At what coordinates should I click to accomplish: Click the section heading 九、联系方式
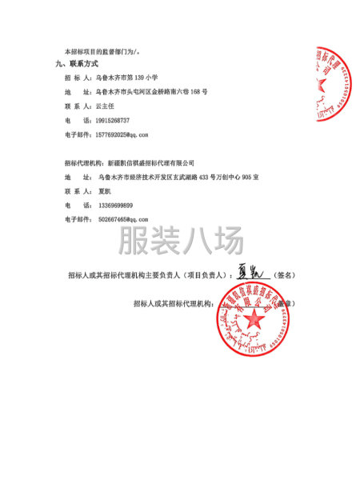tap(77, 63)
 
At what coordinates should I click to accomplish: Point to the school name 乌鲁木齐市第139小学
tap(130, 78)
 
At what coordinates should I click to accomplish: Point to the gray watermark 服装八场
tap(179, 240)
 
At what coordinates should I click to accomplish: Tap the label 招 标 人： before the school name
tap(78, 78)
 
